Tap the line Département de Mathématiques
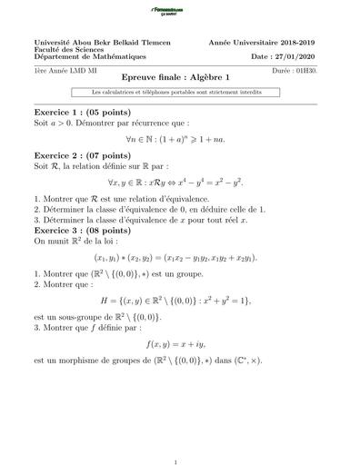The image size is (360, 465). [92, 57]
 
